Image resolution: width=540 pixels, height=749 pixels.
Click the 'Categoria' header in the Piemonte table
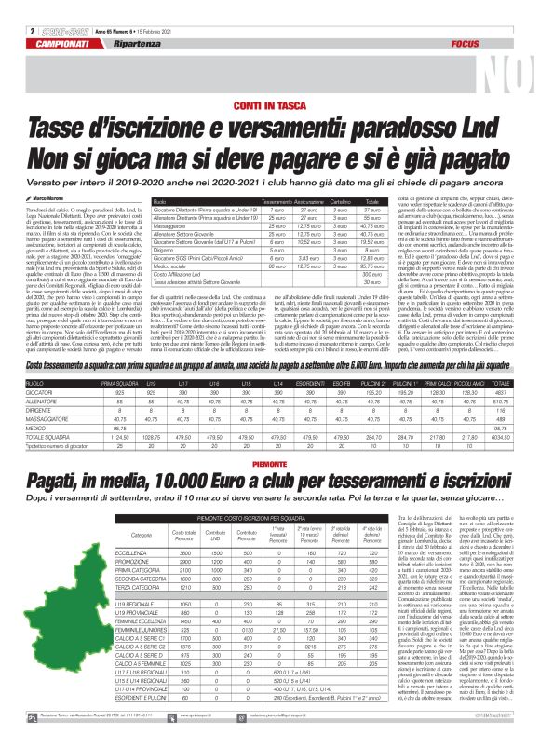click(142, 535)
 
